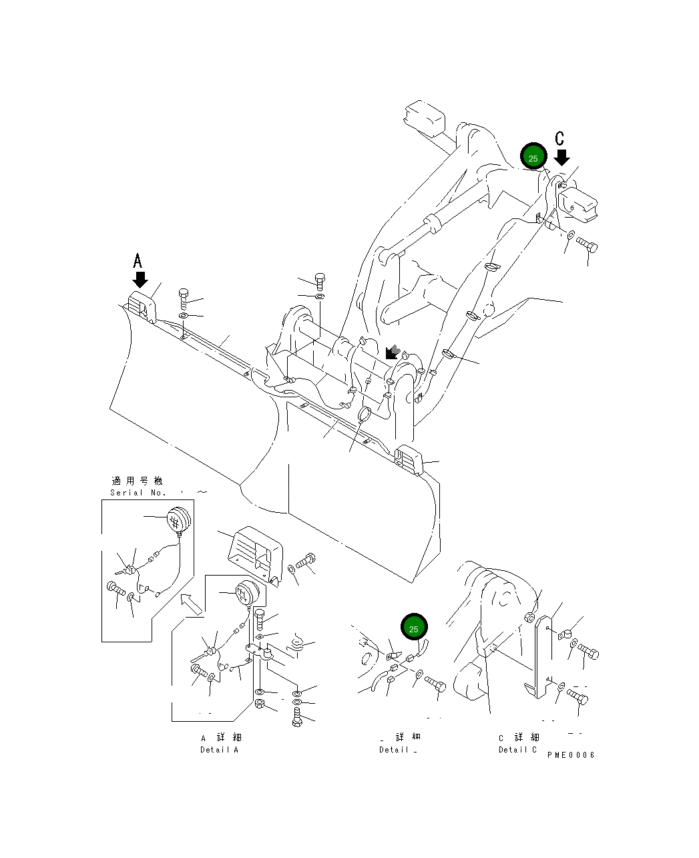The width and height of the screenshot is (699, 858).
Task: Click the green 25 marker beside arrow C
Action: tap(533, 158)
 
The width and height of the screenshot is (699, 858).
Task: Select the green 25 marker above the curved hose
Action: tap(413, 628)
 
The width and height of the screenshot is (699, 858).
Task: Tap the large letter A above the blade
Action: tap(138, 260)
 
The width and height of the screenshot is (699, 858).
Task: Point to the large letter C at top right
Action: tap(560, 138)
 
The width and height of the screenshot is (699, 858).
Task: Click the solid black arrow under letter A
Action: tap(140, 279)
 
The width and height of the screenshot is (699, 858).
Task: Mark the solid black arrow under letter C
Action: tap(562, 158)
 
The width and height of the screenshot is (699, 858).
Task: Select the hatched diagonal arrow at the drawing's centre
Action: tap(393, 353)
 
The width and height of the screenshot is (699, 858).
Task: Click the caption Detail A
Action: tap(219, 749)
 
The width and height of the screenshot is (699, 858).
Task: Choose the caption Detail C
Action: tap(517, 749)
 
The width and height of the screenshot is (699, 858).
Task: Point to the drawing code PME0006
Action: tap(570, 755)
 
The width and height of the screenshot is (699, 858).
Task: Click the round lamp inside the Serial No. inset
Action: tap(178, 519)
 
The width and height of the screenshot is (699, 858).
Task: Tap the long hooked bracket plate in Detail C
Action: tap(541, 658)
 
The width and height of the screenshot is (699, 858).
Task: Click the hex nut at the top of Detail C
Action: tap(529, 618)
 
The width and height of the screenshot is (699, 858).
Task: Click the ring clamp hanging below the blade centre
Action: tap(365, 415)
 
